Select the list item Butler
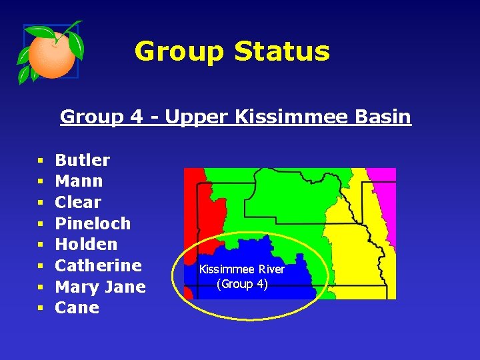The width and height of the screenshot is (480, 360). tap(82, 160)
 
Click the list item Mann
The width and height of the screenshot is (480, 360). tap(79, 181)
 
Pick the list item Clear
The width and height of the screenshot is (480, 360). tap(78, 202)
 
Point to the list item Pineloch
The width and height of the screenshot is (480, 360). tap(93, 223)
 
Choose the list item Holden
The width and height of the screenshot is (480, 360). tap(86, 244)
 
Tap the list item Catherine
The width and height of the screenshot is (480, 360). tap(98, 265)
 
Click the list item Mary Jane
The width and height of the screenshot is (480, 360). tap(100, 287)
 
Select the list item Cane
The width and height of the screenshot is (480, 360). tap(77, 308)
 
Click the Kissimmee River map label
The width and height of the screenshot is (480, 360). tap(242, 269)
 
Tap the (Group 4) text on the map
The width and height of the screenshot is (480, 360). tap(242, 284)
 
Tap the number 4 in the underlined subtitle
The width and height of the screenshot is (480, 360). tap(137, 117)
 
